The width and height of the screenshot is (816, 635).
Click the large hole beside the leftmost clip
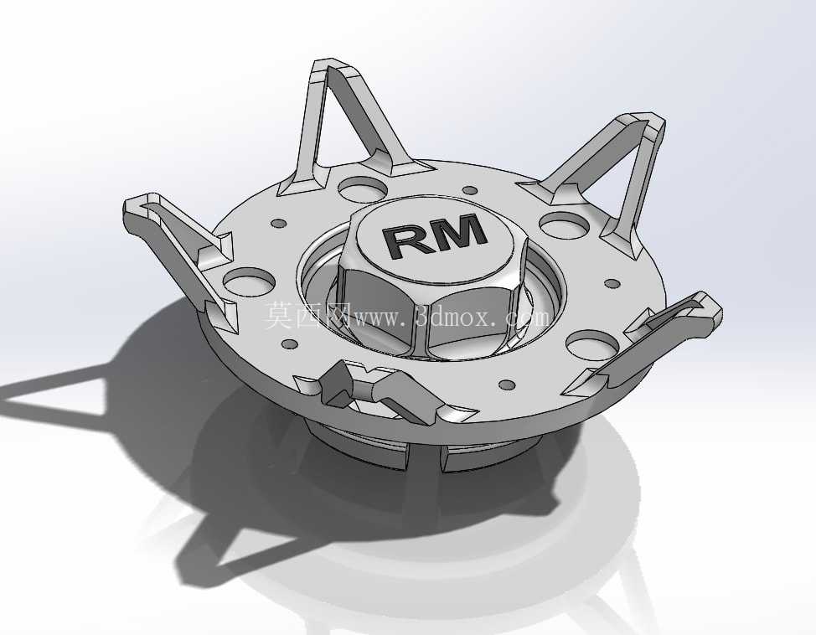[249, 280]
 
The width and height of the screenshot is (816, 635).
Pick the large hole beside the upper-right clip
[564, 224]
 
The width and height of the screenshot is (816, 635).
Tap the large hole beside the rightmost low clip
[592, 344]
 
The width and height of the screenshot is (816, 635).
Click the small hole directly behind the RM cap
[469, 190]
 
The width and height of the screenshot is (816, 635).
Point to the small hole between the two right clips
[612, 284]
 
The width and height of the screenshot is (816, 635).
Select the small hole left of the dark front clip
[289, 344]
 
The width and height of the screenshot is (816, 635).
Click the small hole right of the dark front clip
[507, 385]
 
